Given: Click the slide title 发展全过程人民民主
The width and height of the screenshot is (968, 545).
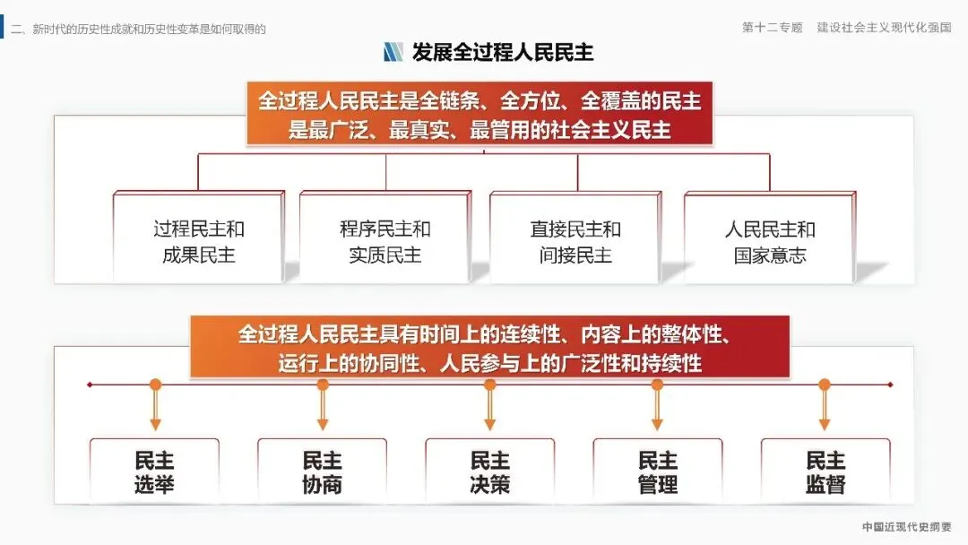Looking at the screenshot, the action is click(502, 51).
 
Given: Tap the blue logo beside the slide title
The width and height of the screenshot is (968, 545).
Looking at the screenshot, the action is click(393, 51).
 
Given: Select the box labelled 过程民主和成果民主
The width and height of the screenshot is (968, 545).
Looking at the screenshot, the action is click(198, 241).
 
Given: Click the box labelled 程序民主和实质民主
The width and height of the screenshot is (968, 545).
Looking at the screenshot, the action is click(385, 241).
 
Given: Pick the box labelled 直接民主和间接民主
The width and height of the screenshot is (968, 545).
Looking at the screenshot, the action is click(575, 241).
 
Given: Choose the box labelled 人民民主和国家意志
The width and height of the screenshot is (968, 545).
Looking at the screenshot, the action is click(770, 241).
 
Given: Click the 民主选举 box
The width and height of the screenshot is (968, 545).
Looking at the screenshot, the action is click(154, 472).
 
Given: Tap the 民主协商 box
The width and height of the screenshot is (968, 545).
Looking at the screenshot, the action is click(322, 472).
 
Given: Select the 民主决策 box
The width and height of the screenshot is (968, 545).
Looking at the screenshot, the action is click(489, 472).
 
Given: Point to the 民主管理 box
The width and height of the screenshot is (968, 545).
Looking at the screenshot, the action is click(657, 472).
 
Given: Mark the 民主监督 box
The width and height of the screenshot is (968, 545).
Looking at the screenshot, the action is click(825, 472).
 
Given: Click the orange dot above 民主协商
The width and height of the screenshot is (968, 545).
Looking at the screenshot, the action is click(323, 385).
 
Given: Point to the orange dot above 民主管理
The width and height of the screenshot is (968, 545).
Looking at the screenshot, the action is click(657, 385).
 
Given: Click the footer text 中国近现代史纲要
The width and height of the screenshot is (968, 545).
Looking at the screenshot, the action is click(907, 527).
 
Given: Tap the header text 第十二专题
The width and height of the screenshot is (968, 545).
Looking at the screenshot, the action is click(772, 28).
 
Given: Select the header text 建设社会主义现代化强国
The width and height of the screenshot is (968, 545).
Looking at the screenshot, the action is click(884, 28).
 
